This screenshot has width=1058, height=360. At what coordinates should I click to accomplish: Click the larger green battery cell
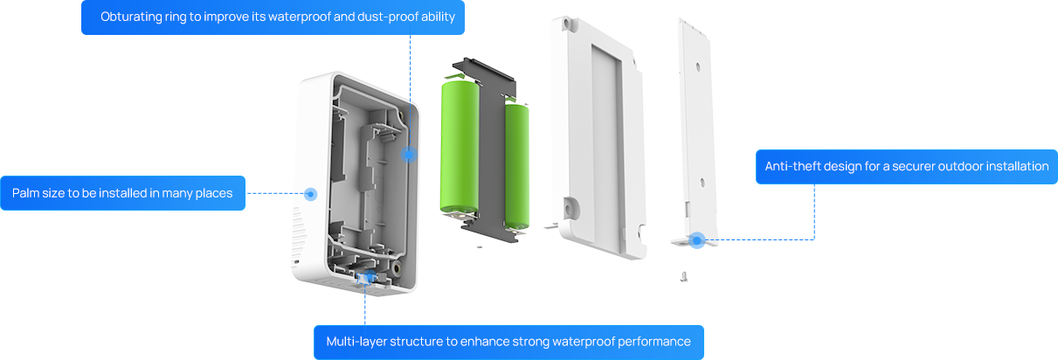tap(460, 148)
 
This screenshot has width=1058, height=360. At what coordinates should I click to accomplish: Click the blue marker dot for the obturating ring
tap(409, 155)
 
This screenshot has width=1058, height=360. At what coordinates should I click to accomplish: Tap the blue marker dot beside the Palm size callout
tap(310, 194)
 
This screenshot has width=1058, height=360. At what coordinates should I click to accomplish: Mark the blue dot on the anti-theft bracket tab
tap(696, 240)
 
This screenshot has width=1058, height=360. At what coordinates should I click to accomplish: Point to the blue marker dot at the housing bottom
tap(368, 276)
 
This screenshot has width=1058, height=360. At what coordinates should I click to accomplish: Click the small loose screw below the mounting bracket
tap(683, 277)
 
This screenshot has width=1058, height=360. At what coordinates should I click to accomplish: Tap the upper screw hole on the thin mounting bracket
tap(697, 67)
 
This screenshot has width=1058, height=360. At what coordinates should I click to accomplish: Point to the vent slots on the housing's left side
tap(299, 232)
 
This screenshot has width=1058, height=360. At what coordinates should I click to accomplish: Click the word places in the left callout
tap(216, 194)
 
